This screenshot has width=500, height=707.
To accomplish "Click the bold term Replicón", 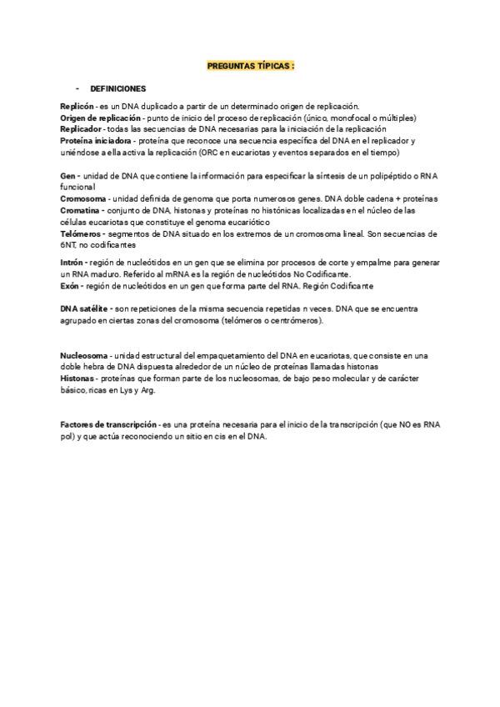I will (77, 106).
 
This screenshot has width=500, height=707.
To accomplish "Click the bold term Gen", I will (67, 176).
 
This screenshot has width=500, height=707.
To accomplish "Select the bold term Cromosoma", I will (82, 199).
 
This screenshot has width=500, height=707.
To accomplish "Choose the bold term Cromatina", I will (81, 211).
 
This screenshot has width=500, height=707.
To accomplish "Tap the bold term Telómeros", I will (82, 234).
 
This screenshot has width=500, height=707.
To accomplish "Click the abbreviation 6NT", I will (68, 246).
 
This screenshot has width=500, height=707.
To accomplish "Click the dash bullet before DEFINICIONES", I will (77, 88).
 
